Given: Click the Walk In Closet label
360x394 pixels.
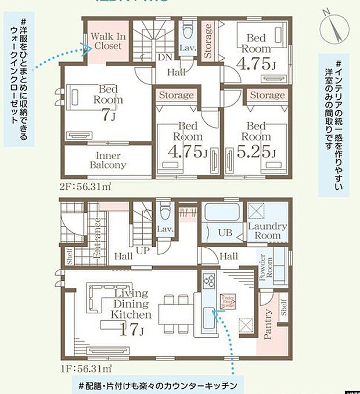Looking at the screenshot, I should point(108,41).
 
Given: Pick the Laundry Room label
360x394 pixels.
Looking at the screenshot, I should point(267,230).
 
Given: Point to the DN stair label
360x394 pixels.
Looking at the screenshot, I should point(165,57).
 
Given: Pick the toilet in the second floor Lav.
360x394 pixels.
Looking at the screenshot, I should point(188,30).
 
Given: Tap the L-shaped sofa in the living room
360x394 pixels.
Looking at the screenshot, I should point(97,299).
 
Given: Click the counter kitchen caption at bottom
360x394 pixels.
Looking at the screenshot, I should point(157,385).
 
